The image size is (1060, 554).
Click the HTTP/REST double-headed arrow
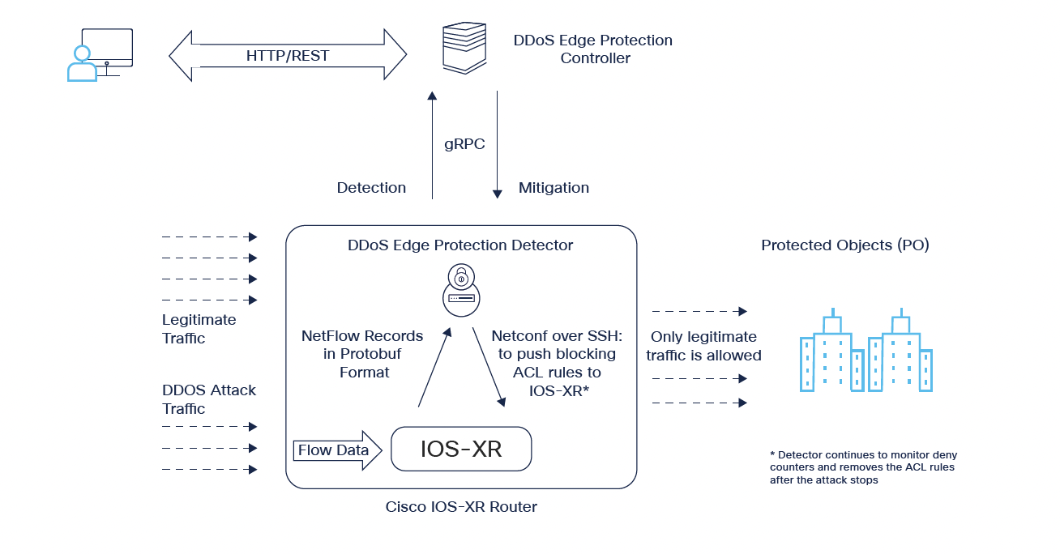(x=288, y=56)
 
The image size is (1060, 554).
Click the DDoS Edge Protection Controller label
(x=593, y=49)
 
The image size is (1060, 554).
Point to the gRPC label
(x=464, y=144)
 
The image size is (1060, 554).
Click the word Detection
(x=371, y=188)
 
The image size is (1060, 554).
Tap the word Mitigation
(x=554, y=188)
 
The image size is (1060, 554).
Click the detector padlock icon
(x=459, y=289)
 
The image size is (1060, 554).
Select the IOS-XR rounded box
(x=461, y=449)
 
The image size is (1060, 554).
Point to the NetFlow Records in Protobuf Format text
(x=362, y=354)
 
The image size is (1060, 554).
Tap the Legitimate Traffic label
(x=199, y=329)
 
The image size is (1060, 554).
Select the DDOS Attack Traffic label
(x=208, y=399)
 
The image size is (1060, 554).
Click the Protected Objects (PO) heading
(x=844, y=245)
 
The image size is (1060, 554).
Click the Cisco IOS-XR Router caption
(x=461, y=508)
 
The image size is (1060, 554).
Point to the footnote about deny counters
(x=863, y=467)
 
